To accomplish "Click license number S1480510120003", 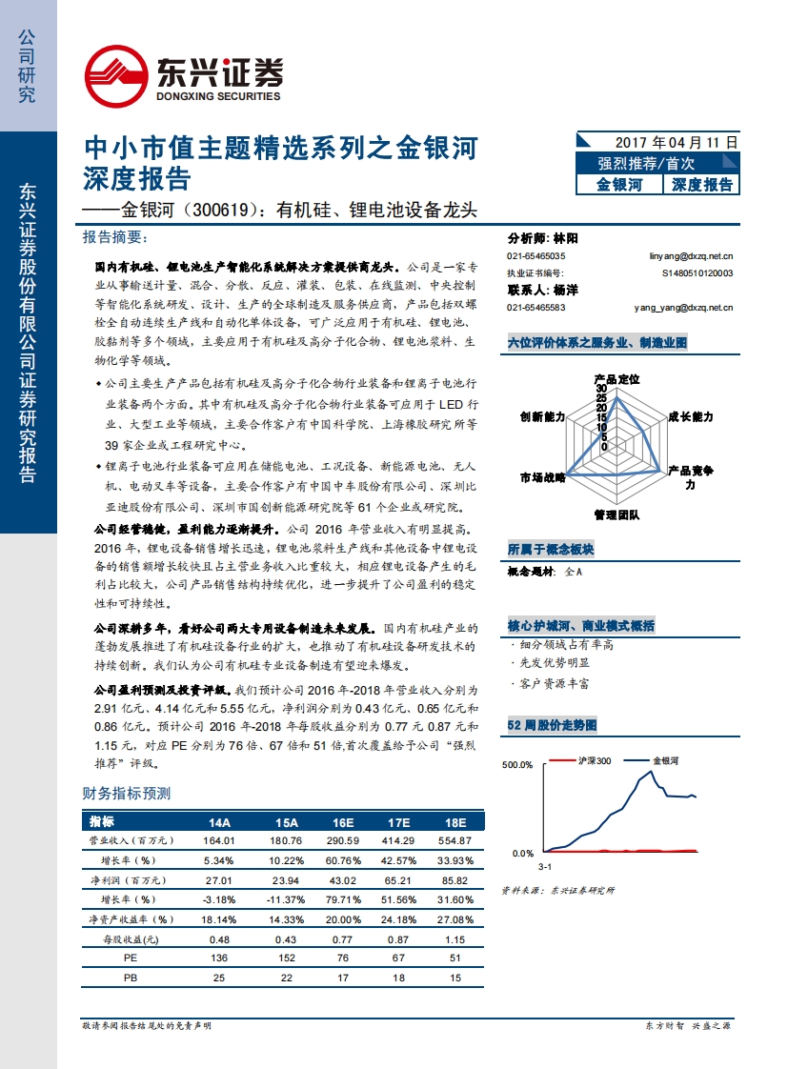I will (697, 272).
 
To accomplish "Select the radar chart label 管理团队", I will (616, 514).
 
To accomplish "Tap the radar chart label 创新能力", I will (542, 417).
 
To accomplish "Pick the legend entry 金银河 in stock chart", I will (665, 761).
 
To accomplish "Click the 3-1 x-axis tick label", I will (545, 867).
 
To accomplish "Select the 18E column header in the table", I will (455, 821).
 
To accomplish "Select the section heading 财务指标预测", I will (127, 793).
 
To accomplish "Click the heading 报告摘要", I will (116, 236).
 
